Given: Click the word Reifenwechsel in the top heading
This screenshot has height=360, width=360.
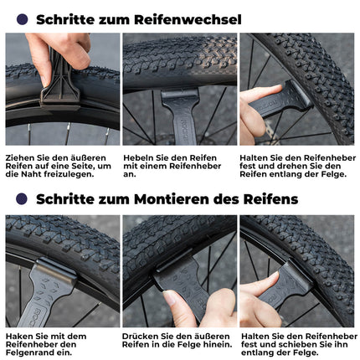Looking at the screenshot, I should click(194, 18).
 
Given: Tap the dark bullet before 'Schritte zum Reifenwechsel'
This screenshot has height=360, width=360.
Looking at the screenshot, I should click(22, 18).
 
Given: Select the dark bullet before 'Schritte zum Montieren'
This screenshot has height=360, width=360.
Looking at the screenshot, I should click(22, 198).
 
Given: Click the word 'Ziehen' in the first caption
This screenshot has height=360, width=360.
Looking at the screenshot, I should click(19, 156).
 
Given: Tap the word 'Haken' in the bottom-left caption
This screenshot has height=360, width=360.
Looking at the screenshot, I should click(21, 336).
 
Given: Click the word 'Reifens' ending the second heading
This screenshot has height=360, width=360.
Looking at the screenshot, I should click(271, 198).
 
